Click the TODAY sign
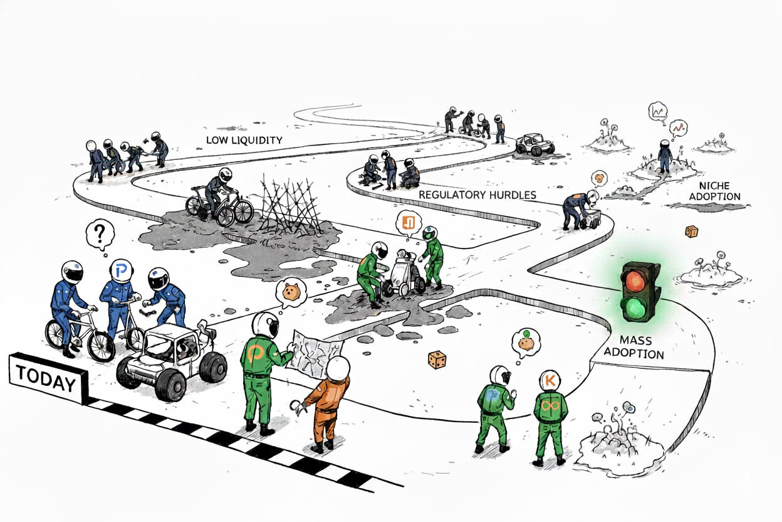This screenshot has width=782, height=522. (x=46, y=378)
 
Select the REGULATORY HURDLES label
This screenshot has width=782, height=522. (x=477, y=194)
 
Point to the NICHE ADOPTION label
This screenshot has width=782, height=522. (x=718, y=191)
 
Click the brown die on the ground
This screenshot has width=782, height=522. (x=437, y=360)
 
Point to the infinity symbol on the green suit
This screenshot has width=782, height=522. (x=551, y=407)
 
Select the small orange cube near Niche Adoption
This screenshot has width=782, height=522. (x=691, y=232)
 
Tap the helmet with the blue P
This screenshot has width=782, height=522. (x=121, y=270)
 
